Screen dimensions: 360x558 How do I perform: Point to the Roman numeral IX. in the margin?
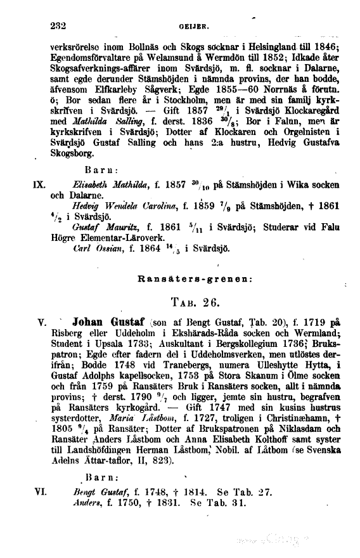(37, 186)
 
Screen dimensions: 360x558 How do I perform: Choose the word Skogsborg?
(73, 154)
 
